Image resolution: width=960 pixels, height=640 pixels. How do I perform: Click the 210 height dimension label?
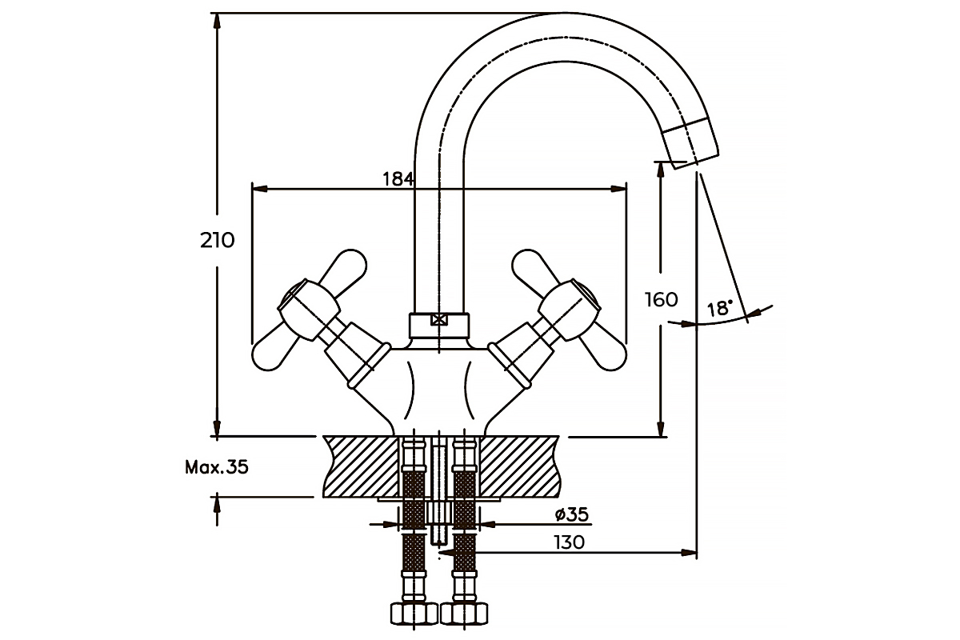click(218, 241)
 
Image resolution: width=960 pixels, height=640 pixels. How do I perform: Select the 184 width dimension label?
click(398, 179)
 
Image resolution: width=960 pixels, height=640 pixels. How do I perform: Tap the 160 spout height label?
click(662, 300)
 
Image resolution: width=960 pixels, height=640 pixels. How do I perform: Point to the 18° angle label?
click(719, 308)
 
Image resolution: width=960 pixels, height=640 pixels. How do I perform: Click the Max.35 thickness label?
click(217, 467)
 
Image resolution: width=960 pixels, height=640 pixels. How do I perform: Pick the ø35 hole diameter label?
click(572, 514)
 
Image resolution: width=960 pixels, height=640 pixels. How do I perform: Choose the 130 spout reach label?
click(569, 542)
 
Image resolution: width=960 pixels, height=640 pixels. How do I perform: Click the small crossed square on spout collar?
click(439, 320)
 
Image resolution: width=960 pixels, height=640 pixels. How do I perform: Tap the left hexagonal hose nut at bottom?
click(414, 613)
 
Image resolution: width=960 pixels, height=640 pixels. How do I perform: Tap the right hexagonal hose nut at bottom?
click(464, 613)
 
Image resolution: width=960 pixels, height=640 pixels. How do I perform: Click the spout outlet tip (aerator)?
click(691, 144)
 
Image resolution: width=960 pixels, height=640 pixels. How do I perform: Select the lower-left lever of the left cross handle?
click(274, 349)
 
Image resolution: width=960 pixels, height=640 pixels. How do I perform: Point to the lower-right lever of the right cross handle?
click(603, 350)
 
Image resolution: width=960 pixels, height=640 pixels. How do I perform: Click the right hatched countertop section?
click(519, 467)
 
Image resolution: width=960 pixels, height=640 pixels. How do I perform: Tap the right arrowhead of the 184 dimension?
click(619, 189)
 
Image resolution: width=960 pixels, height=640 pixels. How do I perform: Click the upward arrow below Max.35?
click(218, 510)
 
